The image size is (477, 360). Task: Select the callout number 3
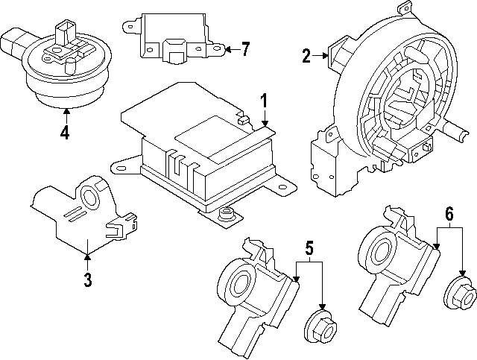coord(88,280)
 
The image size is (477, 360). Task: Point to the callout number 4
coord(66,133)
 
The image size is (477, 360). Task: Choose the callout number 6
coord(449,214)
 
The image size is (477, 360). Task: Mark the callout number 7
coord(245,50)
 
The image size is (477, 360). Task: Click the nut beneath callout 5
coord(322,326)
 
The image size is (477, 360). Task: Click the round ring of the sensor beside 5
coord(240,283)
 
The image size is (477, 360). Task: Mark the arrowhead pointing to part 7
coord(227,50)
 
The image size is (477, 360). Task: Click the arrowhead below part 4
coord(66,113)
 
